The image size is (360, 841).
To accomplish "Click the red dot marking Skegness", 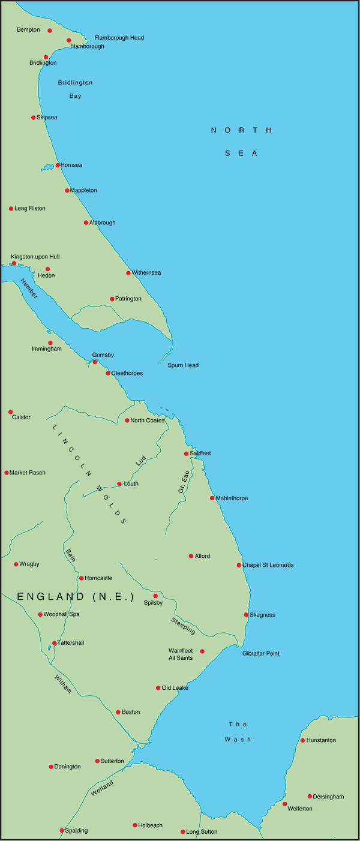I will coord(246,615).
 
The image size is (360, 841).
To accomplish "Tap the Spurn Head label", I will coord(183,365).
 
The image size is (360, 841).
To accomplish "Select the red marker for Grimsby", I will coord(95,362).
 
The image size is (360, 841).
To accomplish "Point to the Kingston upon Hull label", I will coord(35,257).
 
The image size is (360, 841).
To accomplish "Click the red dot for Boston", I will coord(118,712).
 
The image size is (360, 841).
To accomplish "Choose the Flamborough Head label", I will coord(119,38).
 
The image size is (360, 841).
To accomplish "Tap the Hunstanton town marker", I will coord(302,740).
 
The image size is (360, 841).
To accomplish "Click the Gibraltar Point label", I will coord(261,653).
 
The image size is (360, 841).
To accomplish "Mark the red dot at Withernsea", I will coord(128,273).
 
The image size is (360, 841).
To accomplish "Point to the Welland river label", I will coord(102,786).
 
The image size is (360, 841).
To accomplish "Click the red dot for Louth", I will coord(119,483).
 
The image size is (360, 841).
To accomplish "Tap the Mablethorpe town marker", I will coord(212,498).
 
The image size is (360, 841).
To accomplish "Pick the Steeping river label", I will coord(183,625).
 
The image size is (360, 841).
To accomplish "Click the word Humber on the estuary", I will coord(29,289).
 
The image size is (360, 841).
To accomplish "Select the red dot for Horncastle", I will coord(82,578).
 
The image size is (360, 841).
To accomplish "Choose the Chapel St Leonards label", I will coord(268,565).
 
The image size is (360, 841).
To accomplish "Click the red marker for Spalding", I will coord(62,830).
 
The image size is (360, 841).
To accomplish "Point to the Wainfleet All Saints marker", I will coord(202,651).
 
